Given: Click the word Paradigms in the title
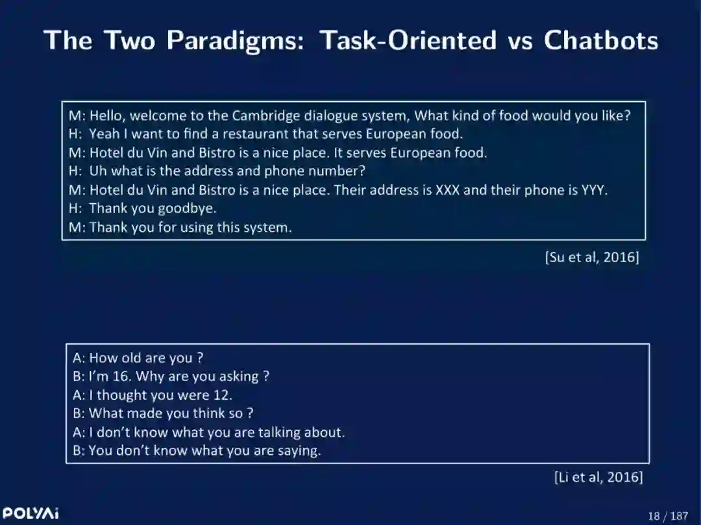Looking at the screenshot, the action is coord(235,41).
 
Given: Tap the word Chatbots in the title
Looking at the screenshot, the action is coord(601,40).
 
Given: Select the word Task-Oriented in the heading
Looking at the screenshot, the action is coord(408,40).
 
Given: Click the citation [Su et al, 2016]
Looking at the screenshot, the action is coord(592,258).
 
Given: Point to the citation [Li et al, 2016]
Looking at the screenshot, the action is coord(598,477).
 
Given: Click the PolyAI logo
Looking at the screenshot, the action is coord(31,513).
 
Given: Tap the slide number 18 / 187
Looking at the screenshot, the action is coord(668,516).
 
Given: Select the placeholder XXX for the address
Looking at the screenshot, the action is coord(447,190).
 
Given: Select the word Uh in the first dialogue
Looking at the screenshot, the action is coord(98,171).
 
